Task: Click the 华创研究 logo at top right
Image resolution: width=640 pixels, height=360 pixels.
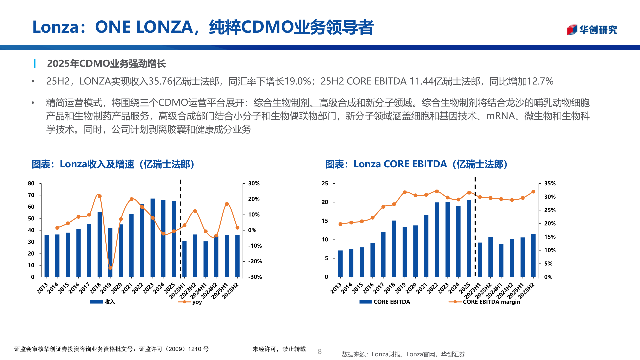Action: [x=592, y=30]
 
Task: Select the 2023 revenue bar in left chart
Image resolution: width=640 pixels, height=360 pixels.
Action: [x=153, y=238]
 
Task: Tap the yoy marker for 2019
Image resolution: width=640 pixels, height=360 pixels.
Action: [x=110, y=268]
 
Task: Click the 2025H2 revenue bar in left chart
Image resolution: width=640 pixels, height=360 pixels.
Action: [x=237, y=256]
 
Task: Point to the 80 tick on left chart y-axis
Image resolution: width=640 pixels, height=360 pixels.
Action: [x=31, y=183]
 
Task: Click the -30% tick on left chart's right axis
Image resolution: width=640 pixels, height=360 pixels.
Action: [x=255, y=277]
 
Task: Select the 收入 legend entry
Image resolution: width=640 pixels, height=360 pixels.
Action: [x=103, y=302]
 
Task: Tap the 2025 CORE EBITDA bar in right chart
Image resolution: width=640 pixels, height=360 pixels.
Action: [x=469, y=238]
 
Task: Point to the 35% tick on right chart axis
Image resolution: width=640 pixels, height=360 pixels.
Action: [x=550, y=183]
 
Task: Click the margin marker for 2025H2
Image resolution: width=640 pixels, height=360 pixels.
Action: [x=533, y=192]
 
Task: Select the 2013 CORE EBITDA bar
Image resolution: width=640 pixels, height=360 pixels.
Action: [x=340, y=264]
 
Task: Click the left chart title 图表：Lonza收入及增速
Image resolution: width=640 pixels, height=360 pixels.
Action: [x=113, y=164]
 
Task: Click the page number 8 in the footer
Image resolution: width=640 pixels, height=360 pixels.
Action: [x=320, y=351]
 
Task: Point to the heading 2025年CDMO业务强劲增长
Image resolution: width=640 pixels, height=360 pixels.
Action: [x=106, y=64]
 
